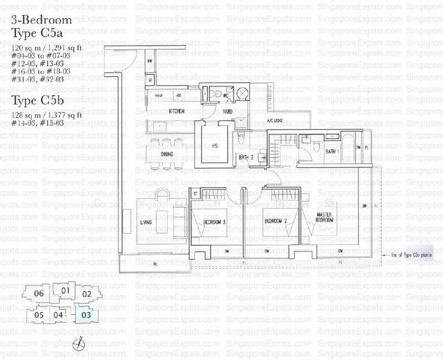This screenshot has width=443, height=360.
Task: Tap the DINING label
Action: pyautogui.click(x=167, y=154)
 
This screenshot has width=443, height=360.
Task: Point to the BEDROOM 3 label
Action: pyautogui.click(x=215, y=223)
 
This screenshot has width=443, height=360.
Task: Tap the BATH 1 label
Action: pyautogui.click(x=331, y=152)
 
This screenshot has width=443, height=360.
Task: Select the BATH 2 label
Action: pyautogui.click(x=246, y=158)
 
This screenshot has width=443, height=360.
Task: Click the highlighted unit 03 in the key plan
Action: pyautogui.click(x=86, y=314)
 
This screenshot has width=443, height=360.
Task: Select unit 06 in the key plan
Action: pyautogui.click(x=39, y=294)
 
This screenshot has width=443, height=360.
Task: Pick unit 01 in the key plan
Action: pyautogui.click(x=65, y=292)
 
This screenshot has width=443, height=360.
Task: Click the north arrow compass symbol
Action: pyautogui.click(x=77, y=344)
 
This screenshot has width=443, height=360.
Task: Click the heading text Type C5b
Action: pyautogui.click(x=41, y=100)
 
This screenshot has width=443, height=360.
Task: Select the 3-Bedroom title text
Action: pyautogui.click(x=41, y=19)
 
